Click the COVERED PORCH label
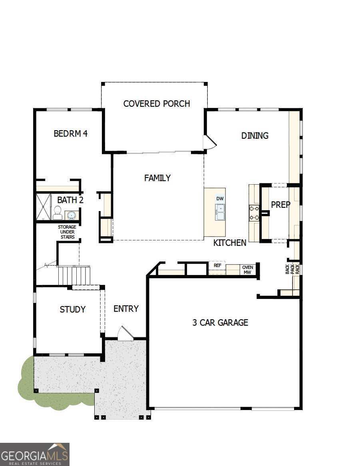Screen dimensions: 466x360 [x=156, y=104]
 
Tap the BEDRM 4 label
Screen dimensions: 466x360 [x=70, y=133]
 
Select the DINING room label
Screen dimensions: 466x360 [x=255, y=135]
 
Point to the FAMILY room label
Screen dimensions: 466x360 [x=157, y=178]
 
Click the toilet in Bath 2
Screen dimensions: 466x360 [x=58, y=213]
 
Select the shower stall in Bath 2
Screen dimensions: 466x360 [x=43, y=207]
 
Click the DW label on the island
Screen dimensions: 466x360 [x=220, y=199]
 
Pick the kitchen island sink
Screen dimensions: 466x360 [x=220, y=212]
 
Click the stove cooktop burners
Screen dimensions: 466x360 [x=254, y=213]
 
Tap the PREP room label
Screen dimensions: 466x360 [x=280, y=204]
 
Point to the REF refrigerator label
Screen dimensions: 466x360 [x=217, y=265]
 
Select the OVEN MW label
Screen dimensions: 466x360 [x=248, y=270]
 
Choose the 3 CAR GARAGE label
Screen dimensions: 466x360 [x=220, y=323]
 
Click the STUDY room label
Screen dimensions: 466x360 [x=72, y=309]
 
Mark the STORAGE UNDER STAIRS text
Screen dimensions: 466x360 [x=68, y=232]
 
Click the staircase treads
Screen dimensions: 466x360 [x=74, y=275]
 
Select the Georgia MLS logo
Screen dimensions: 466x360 [x=35, y=454]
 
